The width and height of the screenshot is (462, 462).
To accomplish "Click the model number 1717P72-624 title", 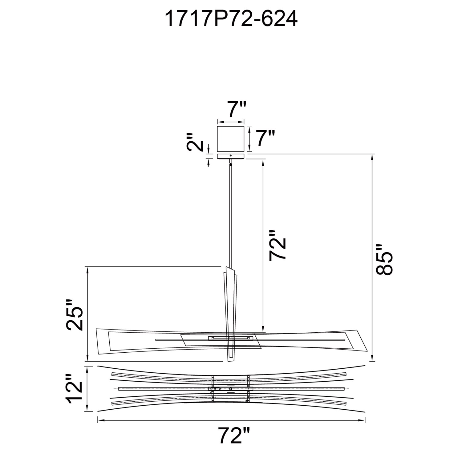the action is [231, 19].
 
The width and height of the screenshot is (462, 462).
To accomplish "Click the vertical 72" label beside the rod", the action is [278, 245].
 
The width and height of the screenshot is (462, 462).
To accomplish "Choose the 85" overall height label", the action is [383, 259].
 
